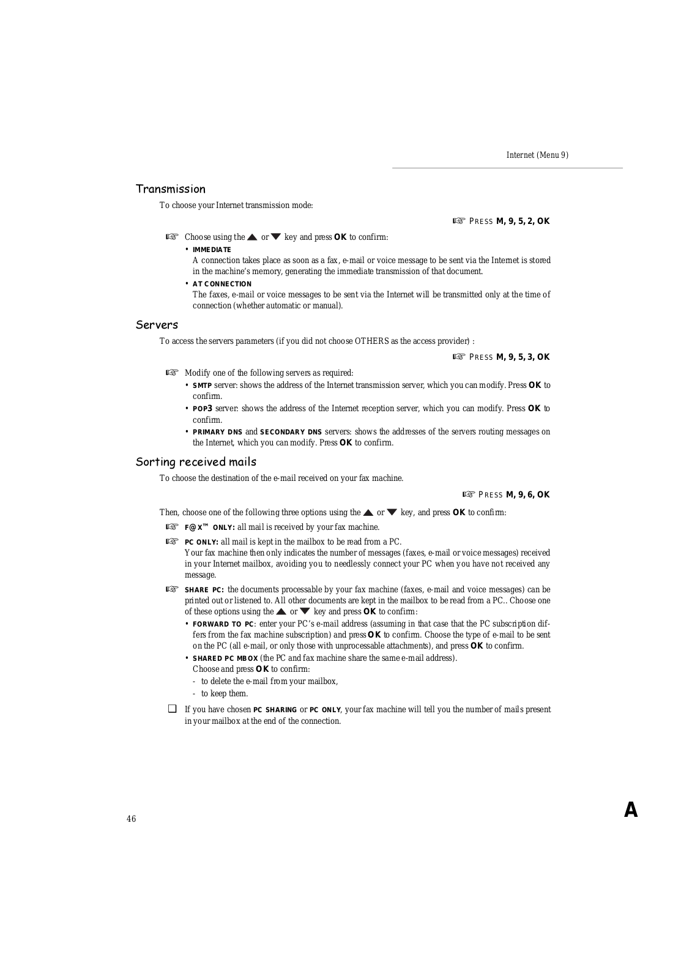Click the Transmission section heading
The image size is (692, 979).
(x=170, y=189)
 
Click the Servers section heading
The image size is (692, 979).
(x=157, y=325)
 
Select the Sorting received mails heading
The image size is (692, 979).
(x=196, y=462)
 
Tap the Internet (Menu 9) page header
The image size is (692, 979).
(x=537, y=155)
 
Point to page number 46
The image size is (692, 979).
(x=132, y=819)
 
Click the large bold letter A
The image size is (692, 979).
(x=631, y=811)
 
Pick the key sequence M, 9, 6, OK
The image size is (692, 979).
(x=527, y=495)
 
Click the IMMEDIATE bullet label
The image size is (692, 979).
(x=212, y=250)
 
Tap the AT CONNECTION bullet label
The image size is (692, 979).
(x=221, y=284)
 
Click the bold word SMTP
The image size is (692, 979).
(x=202, y=385)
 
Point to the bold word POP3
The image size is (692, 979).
(x=202, y=409)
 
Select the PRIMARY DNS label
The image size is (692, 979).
(x=217, y=432)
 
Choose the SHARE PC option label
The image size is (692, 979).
(x=204, y=590)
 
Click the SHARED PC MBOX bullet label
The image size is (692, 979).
(x=225, y=658)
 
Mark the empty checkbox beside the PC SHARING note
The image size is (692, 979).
(x=173, y=709)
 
